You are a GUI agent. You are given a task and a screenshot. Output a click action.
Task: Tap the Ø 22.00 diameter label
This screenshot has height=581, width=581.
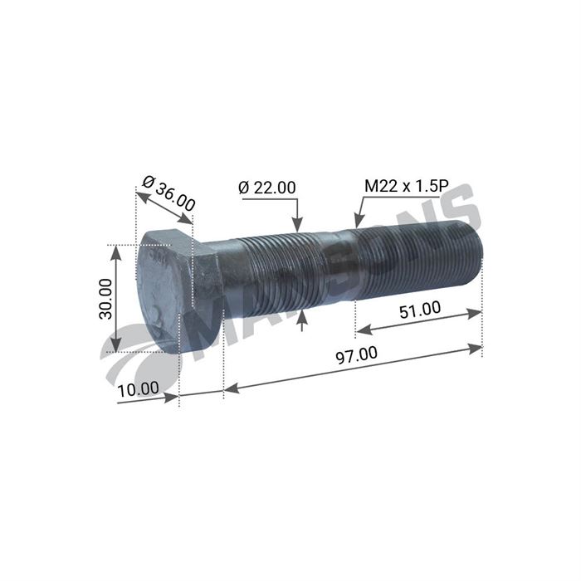click(266, 188)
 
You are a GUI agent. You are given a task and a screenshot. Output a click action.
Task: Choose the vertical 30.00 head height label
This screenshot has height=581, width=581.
click(105, 298)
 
